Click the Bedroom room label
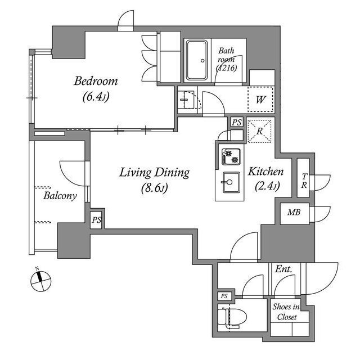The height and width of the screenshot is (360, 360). (96, 81)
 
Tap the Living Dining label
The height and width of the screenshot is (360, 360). (154, 173)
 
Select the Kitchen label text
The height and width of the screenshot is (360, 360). (266, 172)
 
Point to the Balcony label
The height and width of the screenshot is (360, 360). (60, 196)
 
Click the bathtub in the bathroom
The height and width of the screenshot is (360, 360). (197, 60)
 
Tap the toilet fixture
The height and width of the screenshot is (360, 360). (232, 317)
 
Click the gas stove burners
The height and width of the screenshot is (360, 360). (231, 156)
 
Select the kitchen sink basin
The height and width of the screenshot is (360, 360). (231, 182)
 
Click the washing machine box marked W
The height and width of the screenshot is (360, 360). (261, 99)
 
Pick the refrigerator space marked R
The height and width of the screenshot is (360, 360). (259, 131)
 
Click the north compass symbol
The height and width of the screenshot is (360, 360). (41, 281)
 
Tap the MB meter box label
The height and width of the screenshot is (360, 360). (294, 212)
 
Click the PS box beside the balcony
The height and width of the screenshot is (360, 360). (96, 220)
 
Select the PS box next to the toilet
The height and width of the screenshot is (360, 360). (224, 296)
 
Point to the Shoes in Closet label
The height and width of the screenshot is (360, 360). (286, 312)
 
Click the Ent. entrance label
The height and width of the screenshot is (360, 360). (283, 269)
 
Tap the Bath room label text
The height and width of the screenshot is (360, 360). (226, 59)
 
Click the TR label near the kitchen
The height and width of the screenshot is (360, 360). (304, 181)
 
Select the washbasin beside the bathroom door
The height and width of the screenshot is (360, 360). (187, 100)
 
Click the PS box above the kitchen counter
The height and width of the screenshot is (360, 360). (237, 123)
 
